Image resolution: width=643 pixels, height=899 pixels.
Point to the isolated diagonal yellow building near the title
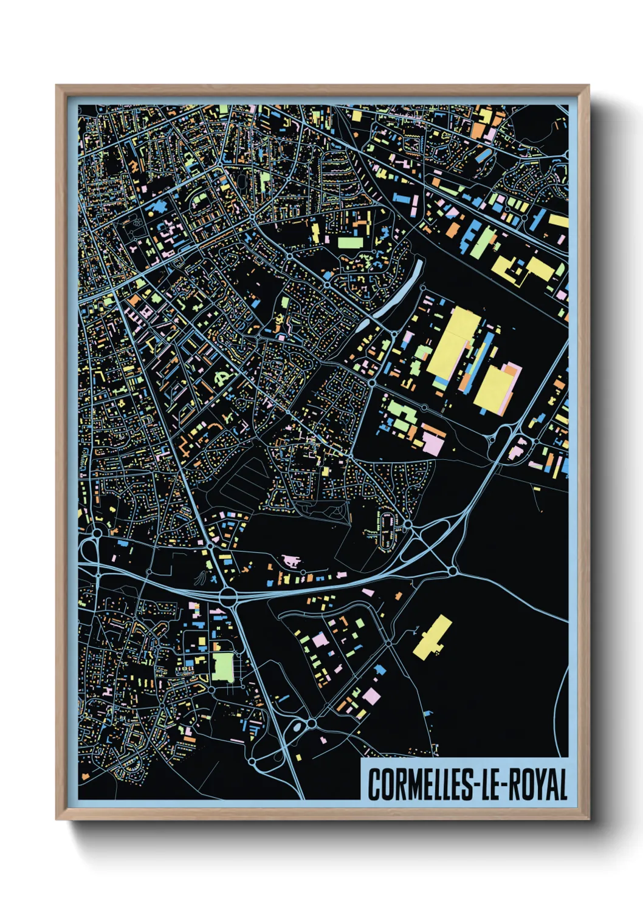433,637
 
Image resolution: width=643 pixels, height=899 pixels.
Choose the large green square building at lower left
222,666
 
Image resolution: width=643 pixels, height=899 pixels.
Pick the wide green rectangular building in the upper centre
350,242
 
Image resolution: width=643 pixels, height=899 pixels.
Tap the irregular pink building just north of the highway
291,560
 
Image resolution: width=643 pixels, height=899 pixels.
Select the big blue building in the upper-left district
157,207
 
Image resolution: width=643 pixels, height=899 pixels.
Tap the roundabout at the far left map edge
97,534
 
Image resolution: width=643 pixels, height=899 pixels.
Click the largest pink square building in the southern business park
371,696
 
